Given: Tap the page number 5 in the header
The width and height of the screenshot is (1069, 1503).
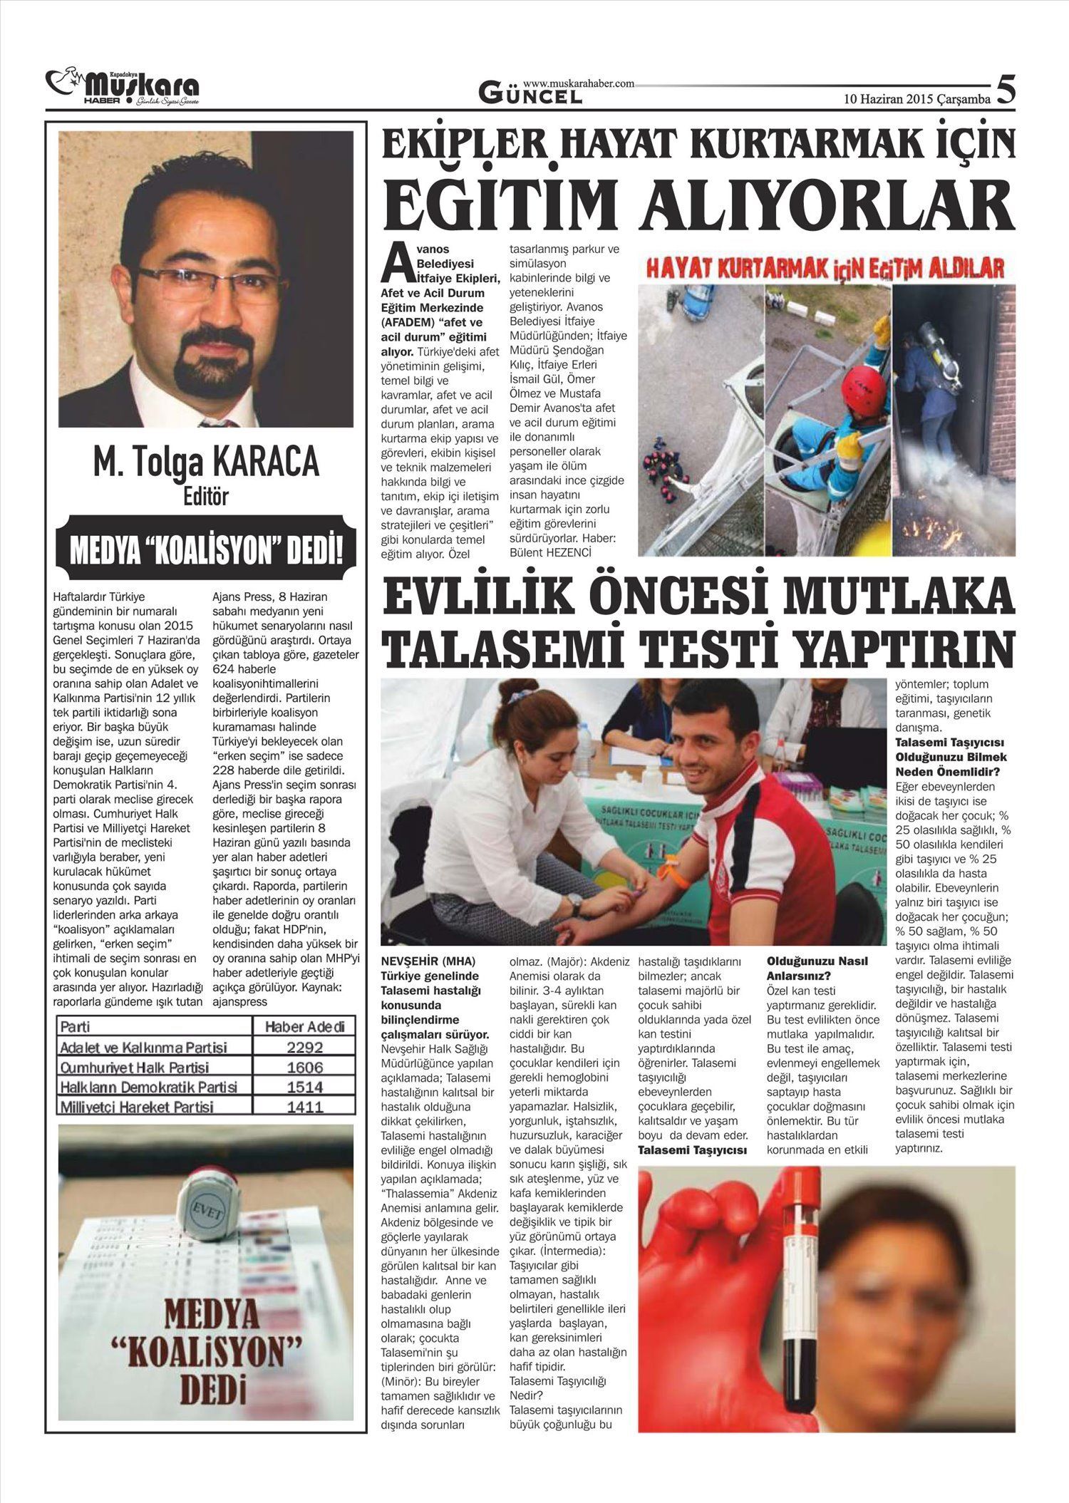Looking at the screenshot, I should coord(1005,91).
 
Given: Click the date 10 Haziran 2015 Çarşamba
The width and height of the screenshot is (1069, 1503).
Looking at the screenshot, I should coord(917,99).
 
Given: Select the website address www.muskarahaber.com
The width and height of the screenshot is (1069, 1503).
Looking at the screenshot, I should coord(578,83).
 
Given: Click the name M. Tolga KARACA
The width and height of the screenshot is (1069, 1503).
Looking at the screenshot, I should coord(206,463).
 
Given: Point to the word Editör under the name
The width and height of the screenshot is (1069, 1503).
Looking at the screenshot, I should coord(206,496).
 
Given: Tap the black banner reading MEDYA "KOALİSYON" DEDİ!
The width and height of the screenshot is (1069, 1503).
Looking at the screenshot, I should coord(206,551).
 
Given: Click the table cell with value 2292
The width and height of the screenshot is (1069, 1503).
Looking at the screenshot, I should coord(304,1048).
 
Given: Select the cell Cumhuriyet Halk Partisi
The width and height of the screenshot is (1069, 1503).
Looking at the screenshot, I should coord(135,1068).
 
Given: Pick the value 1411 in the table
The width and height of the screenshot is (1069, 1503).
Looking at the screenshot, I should coord(304,1107).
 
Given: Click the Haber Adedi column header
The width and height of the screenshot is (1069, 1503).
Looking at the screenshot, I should coord(304,1027).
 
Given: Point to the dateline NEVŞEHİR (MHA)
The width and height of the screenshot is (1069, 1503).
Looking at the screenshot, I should coord(428,961).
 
